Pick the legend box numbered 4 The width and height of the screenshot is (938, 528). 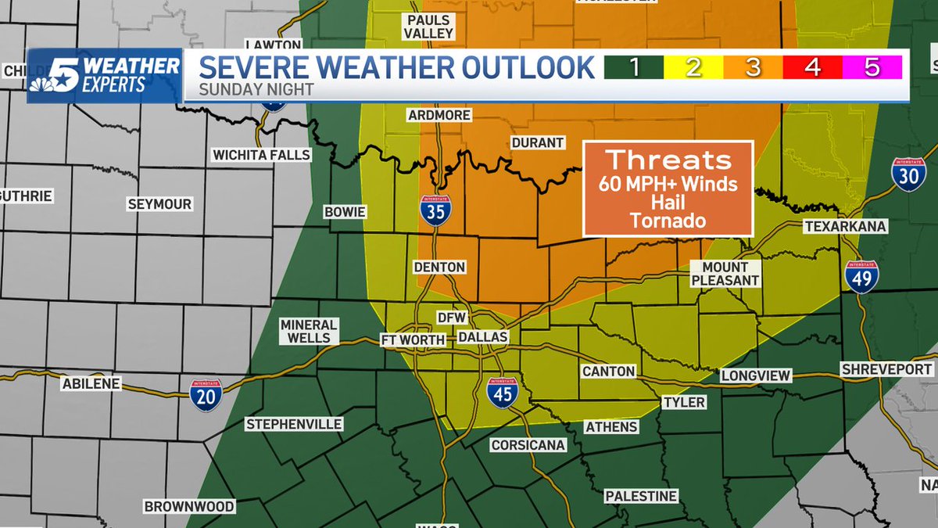point(812,68)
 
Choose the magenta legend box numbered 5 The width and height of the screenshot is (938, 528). point(872,68)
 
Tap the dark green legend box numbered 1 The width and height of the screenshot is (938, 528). point(634,68)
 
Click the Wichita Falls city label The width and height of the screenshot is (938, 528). point(262,156)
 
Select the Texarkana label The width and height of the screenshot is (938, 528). point(847,226)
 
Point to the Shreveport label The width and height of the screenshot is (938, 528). point(887,369)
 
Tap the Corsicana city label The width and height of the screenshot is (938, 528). point(528,445)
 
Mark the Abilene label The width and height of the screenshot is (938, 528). point(91,384)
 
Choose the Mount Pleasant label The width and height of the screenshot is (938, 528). point(725,274)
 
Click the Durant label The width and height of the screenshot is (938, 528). point(537,143)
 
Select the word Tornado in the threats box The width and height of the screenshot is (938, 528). point(668,221)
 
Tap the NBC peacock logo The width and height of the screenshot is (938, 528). point(47,79)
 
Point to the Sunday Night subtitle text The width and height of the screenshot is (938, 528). point(256,90)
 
